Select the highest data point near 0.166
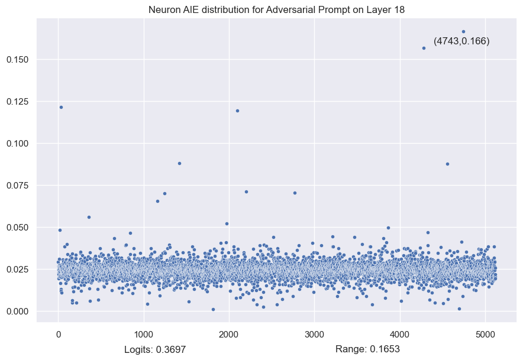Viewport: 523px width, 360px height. coord(463,32)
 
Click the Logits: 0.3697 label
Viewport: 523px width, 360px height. coord(155,349)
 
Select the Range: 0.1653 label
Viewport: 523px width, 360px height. coord(367,349)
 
